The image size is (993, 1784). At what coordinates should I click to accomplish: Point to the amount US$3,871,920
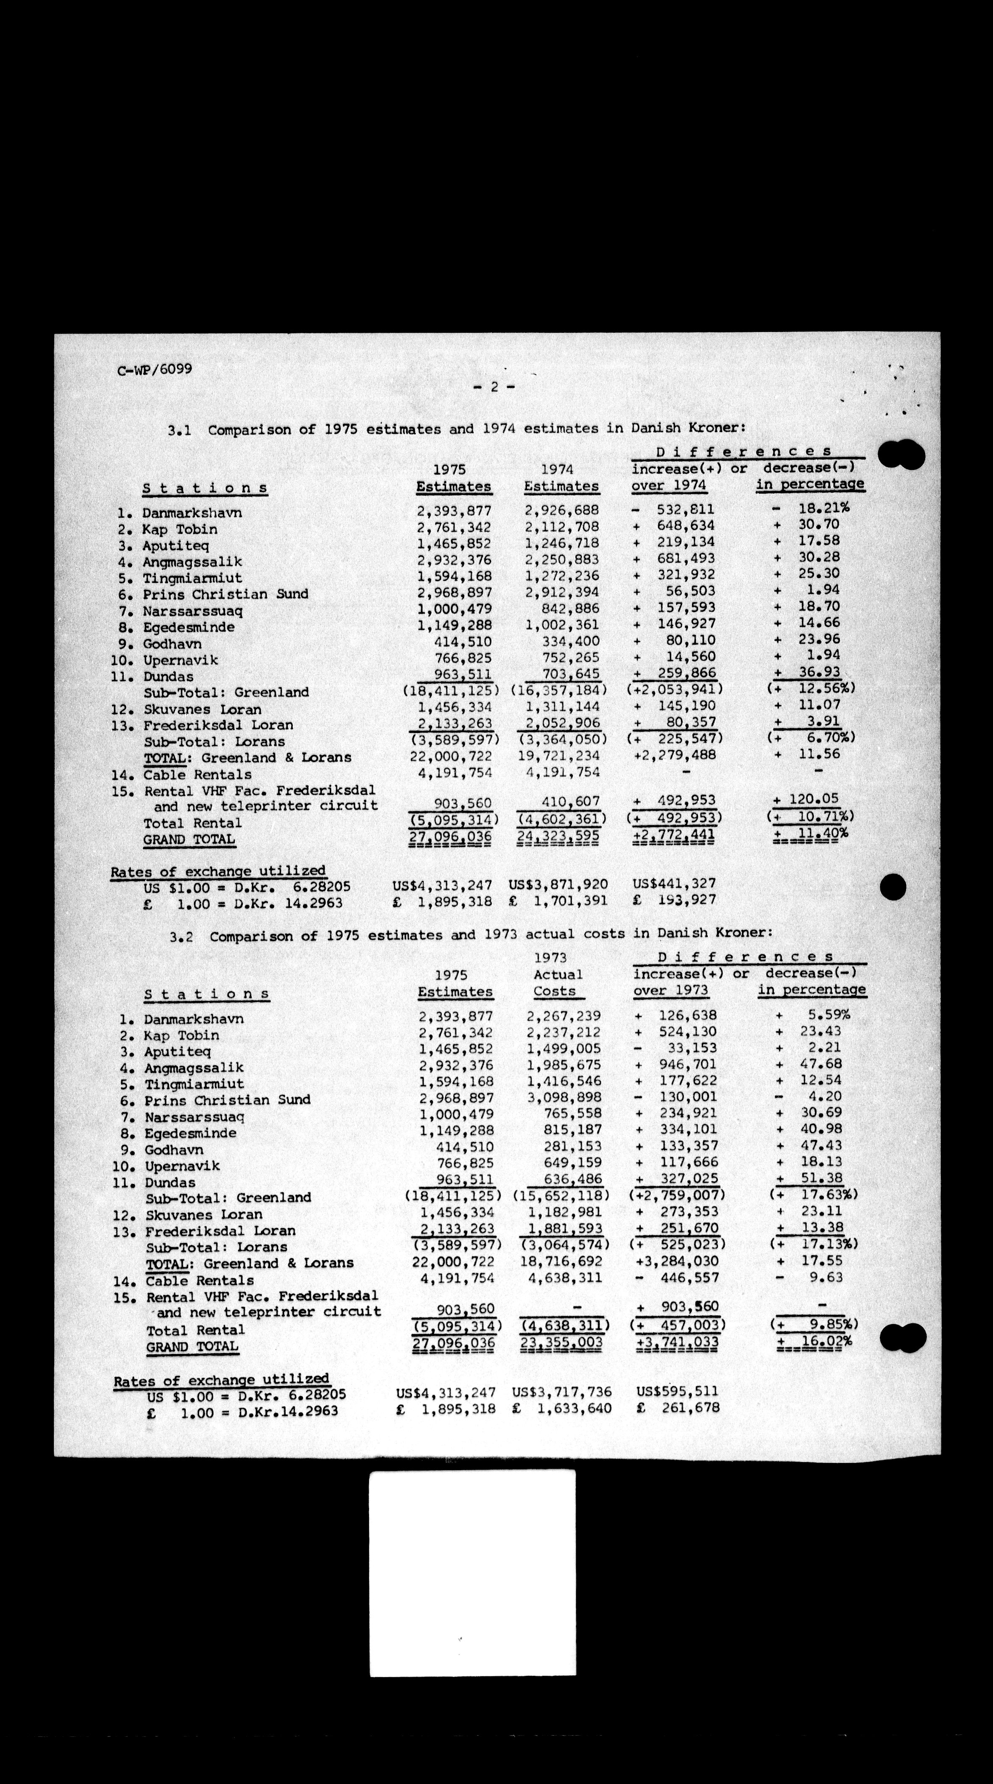(558, 884)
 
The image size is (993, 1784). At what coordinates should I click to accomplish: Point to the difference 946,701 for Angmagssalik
(686, 1065)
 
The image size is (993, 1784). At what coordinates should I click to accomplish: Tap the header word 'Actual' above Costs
(558, 974)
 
